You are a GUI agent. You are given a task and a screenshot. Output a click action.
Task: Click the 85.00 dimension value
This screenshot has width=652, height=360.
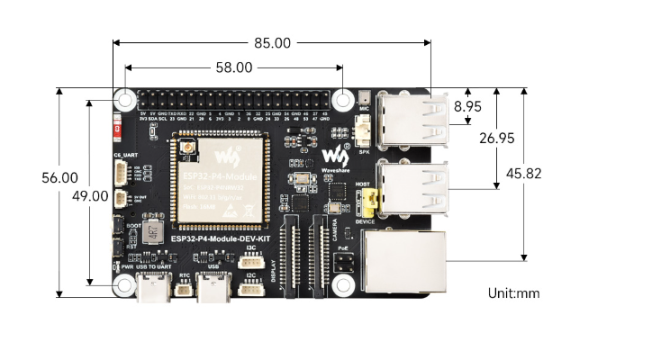tap(271, 42)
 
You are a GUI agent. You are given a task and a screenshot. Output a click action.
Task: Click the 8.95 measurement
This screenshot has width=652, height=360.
tap(467, 106)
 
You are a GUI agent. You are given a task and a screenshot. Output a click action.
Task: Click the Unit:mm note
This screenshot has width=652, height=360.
tap(514, 292)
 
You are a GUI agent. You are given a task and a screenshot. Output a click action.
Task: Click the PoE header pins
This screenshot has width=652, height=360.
tap(343, 263)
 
